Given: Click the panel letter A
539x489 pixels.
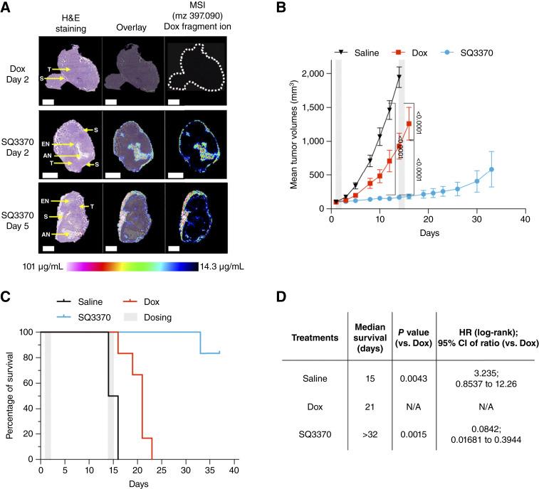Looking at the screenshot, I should pos(7,8).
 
